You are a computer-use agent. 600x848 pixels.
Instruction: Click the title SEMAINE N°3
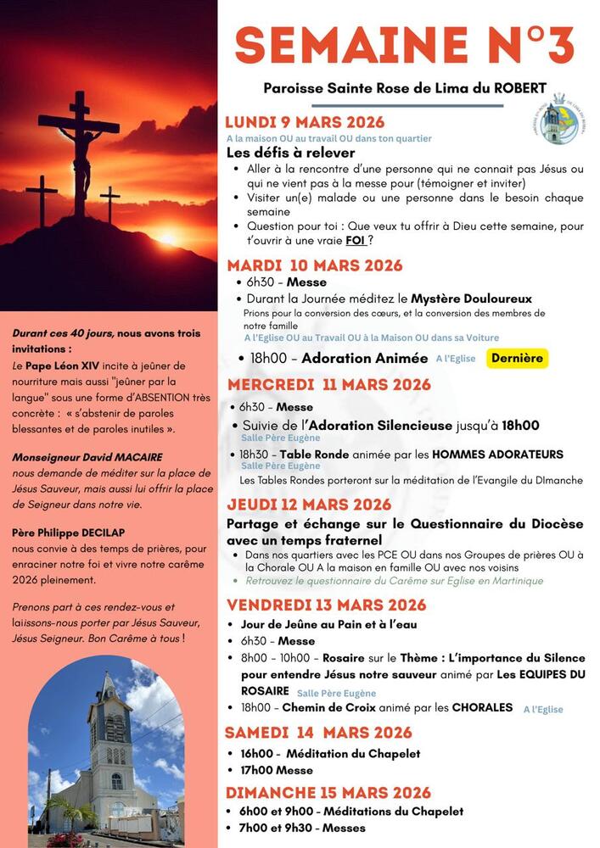point(405,44)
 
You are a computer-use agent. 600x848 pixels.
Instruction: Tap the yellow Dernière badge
point(518,358)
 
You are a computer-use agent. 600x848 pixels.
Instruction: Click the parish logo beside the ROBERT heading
point(558,119)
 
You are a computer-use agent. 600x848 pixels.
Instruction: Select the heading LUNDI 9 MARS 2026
point(305,122)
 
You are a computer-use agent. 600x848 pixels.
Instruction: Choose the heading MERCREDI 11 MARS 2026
point(328,385)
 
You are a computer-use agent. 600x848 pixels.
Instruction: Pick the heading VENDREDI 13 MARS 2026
point(326,605)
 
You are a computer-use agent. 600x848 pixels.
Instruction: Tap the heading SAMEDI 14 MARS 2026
point(318,733)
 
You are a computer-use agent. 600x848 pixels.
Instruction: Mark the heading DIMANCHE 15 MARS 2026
point(328,793)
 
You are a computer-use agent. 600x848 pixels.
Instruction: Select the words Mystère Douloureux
point(471,298)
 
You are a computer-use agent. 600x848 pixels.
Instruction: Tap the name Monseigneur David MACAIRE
point(76,457)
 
